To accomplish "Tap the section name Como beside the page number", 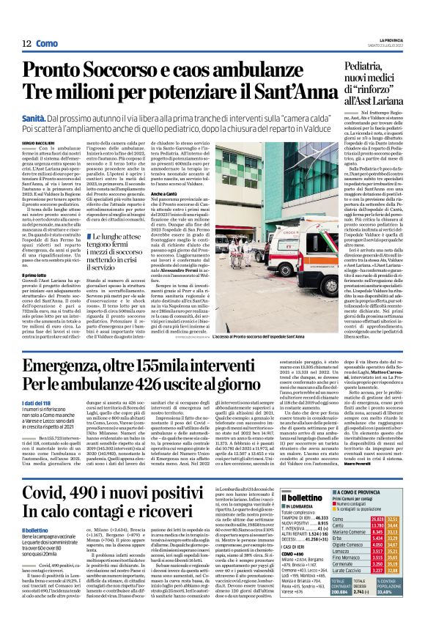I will (x=48, y=44).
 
